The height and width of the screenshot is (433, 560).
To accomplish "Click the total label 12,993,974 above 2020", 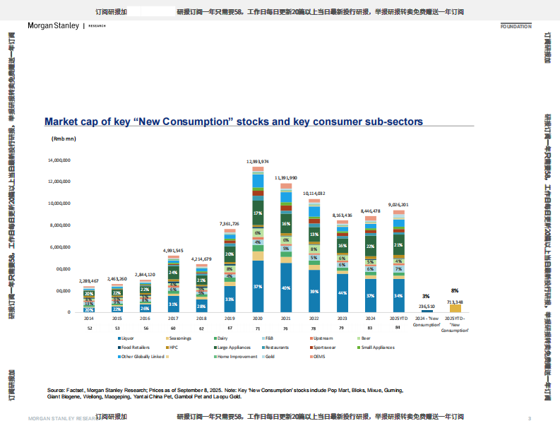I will [x=258, y=162].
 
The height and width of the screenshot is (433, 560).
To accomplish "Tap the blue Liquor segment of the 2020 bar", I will [x=258, y=286].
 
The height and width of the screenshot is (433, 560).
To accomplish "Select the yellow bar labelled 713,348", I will [x=455, y=308].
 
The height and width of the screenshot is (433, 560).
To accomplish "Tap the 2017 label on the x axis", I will [x=172, y=319].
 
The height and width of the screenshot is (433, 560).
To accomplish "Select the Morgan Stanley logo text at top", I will [x=53, y=26].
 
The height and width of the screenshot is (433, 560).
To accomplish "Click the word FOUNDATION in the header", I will [x=515, y=26].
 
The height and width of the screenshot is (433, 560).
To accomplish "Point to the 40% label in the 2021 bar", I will [x=286, y=288].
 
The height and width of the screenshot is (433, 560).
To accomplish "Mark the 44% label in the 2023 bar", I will [x=342, y=293].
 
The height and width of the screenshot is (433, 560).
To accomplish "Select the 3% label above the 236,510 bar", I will [x=426, y=296].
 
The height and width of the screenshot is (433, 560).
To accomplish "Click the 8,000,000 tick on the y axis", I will [x=59, y=226].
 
